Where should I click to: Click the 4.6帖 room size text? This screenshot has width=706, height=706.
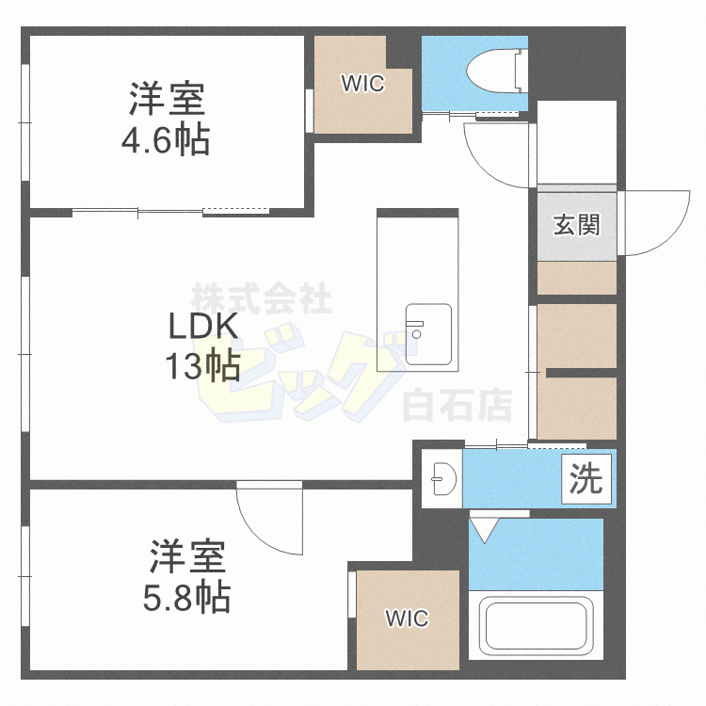165,141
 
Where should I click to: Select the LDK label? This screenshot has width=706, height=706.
201,327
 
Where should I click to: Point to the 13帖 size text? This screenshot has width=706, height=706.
201,364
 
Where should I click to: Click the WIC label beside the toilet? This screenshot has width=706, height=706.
362,84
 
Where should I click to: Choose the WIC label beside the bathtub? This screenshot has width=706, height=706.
407,618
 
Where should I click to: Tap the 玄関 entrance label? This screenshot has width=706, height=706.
576,225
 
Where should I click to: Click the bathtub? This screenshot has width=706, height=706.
536,625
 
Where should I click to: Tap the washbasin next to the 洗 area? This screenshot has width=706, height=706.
440,481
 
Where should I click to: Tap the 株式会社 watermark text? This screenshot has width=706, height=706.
262,299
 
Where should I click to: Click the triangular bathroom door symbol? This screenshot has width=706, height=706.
486,530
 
